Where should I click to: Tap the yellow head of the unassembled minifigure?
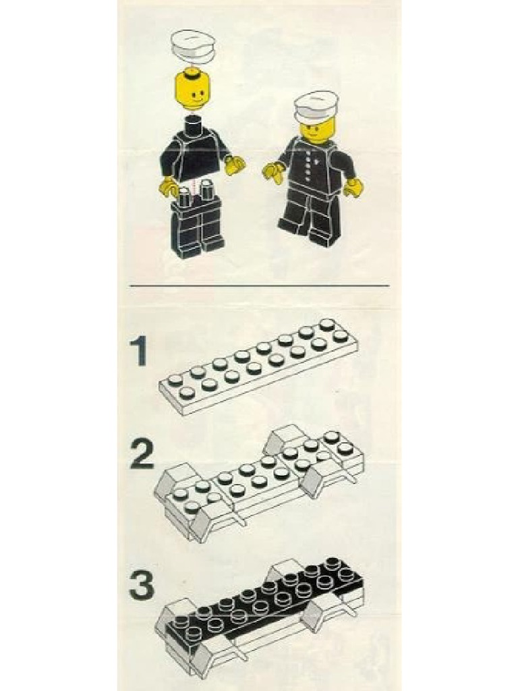point(192,89)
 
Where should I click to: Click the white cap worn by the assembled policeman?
point(316,107)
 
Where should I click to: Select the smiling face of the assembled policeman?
point(317,130)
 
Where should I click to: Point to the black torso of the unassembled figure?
point(194,154)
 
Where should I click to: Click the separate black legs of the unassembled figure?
point(196,226)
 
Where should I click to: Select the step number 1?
point(140,352)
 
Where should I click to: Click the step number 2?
point(142,456)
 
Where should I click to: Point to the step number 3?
point(142,585)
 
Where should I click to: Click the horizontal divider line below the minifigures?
point(259,285)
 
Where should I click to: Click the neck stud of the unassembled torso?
point(194,121)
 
